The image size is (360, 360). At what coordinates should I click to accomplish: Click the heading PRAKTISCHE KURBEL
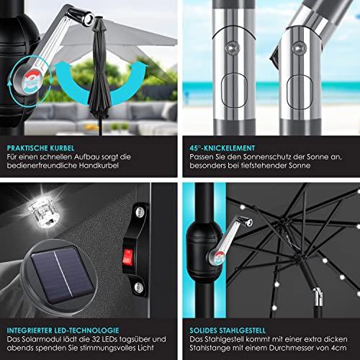(40, 148)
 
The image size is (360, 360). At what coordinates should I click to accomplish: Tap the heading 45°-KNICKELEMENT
(222, 148)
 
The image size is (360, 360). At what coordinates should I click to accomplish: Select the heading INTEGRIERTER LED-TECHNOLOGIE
(63, 330)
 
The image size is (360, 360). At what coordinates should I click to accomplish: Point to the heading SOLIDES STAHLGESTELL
(228, 330)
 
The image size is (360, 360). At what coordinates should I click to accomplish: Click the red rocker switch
(127, 257)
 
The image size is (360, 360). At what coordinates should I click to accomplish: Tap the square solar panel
(63, 274)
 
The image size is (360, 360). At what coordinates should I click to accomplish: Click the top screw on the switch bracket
(140, 212)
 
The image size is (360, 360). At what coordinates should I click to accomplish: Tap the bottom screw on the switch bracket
(138, 287)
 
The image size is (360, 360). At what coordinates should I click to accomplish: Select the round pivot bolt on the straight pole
(232, 48)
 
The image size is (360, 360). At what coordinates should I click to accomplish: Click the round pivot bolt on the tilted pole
(299, 48)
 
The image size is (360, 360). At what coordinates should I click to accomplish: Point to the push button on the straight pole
(234, 91)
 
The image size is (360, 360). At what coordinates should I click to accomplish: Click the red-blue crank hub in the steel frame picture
(217, 257)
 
